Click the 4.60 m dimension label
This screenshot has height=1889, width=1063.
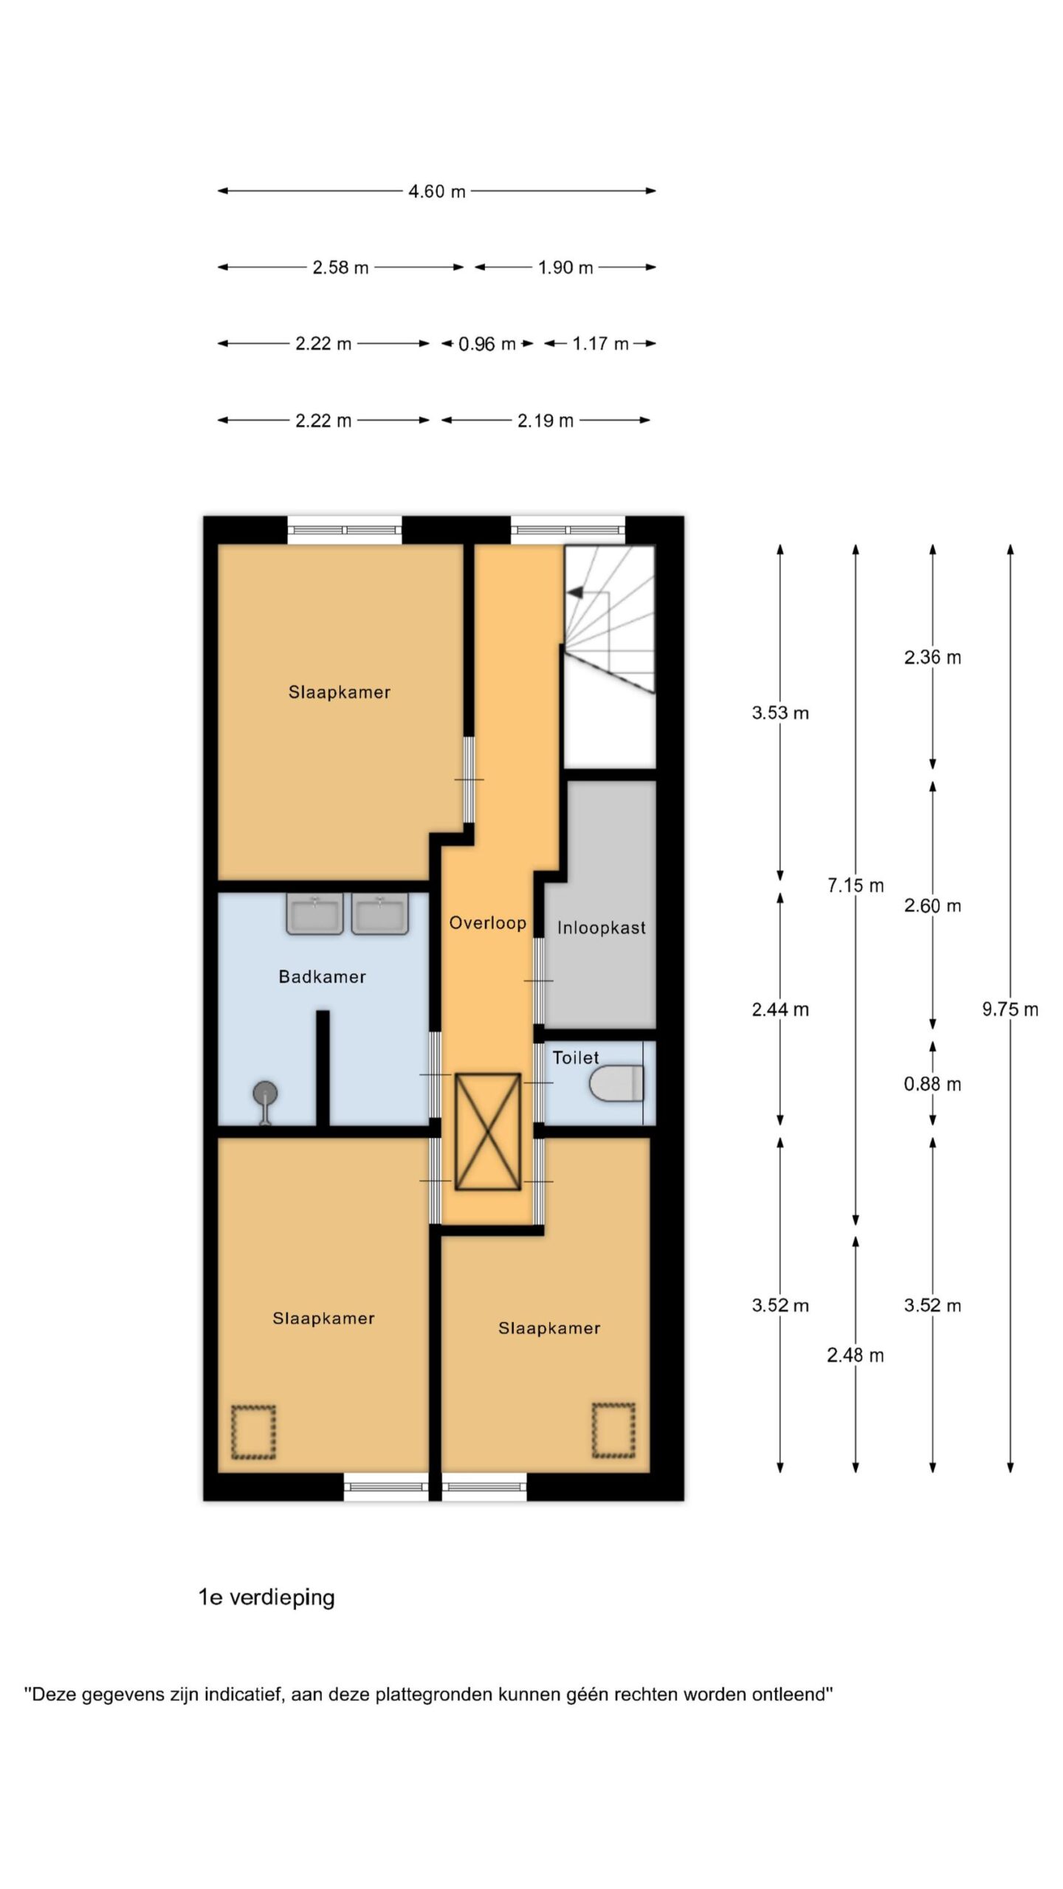437,192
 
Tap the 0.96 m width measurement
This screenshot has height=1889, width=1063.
487,344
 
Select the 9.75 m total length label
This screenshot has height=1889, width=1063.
1010,1009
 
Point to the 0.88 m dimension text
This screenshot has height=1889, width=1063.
932,1084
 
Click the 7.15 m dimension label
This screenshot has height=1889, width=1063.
856,885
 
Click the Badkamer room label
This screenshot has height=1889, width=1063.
323,977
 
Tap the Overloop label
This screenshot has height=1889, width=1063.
488,923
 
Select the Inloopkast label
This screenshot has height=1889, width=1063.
602,928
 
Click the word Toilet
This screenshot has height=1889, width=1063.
576,1057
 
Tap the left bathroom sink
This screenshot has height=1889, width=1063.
315,914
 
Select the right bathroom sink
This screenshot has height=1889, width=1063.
380,914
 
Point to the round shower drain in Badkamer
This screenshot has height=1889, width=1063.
265,1092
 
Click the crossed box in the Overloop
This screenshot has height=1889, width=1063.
488,1131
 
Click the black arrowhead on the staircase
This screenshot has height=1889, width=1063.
576,592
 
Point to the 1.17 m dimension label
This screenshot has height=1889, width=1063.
600,344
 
